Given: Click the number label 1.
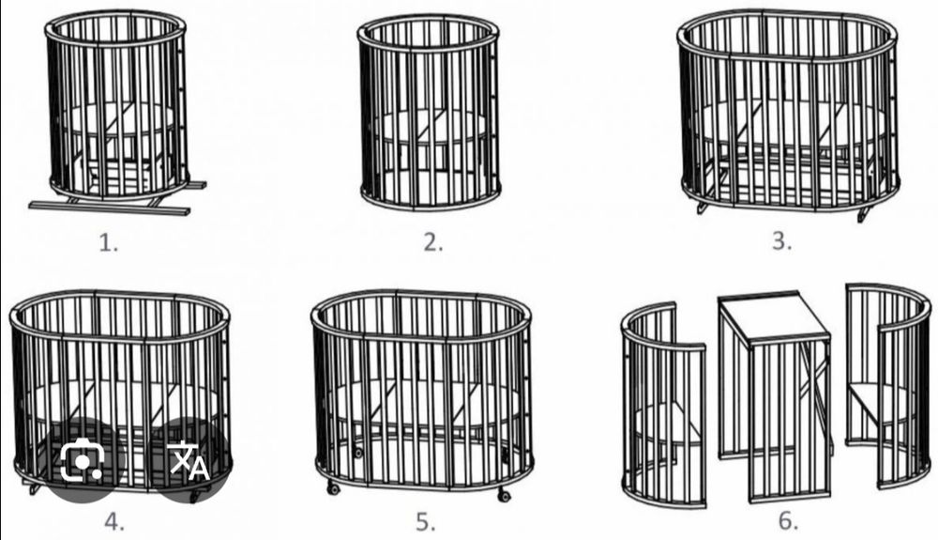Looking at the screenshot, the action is [108, 243].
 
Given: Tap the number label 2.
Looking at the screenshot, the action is [433, 242].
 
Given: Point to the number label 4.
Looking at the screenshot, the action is [114, 522].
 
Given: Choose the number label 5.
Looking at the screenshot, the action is [426, 522].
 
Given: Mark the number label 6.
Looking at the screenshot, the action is [789, 521].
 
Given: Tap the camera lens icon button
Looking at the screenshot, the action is [83, 460].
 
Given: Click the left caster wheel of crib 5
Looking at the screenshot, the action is [333, 489].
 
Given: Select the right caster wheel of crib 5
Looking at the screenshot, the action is [504, 495].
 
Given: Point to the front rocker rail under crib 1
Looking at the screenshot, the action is [110, 208].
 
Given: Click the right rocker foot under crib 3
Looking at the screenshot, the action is [863, 214].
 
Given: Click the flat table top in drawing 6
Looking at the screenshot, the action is [775, 316].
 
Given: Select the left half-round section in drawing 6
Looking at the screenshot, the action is [664, 406].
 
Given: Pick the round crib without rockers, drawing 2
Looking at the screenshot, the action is [429, 113].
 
